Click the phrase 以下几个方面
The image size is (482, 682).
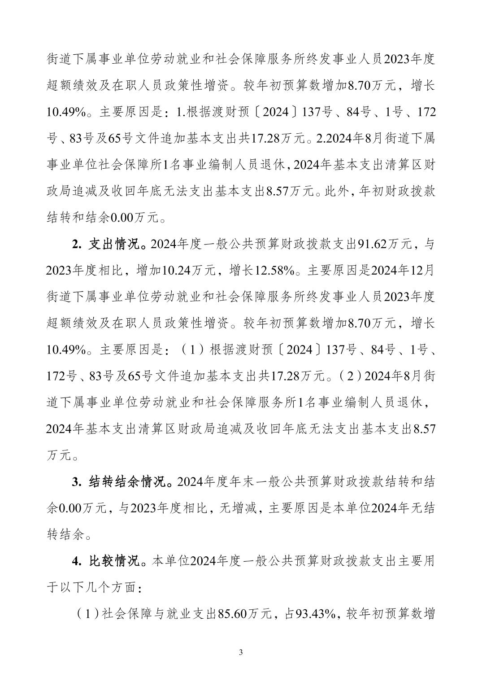pyautogui.click(x=99, y=588)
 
